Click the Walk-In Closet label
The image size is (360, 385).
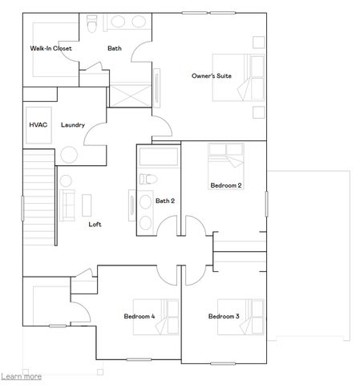51,49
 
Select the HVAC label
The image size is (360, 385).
38,125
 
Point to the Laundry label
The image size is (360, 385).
73,125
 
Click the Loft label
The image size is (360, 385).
95,224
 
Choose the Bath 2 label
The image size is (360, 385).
165,201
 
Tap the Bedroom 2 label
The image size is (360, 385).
225,185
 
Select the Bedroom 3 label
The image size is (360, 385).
224,317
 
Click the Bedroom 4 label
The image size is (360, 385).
140,317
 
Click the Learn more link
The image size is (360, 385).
22,375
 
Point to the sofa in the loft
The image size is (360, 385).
67,205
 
